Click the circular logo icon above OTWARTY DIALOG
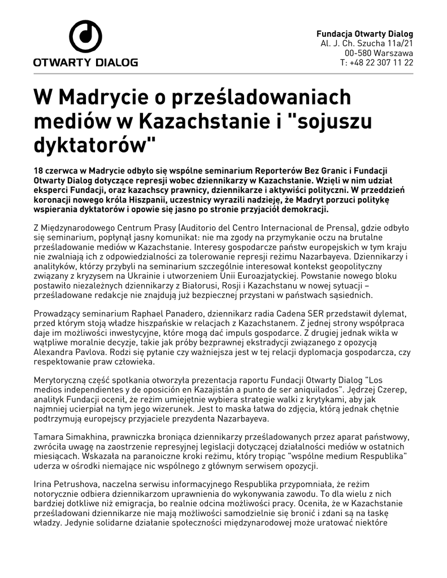click(x=85, y=37)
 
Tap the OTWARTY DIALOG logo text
click(x=85, y=62)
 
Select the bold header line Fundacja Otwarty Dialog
click(x=364, y=33)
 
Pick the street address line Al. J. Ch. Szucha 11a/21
click(x=367, y=43)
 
